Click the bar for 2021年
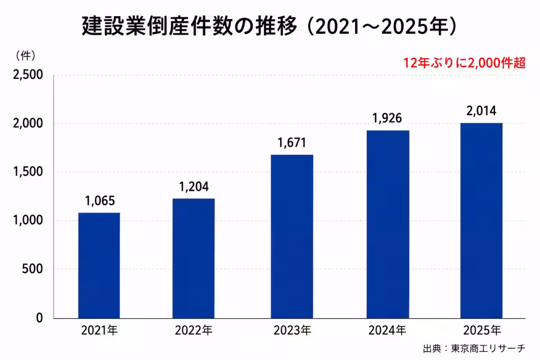point(99,265)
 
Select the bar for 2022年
point(193,258)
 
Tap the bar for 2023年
point(292,237)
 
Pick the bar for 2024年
point(388,224)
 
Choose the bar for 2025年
point(481,220)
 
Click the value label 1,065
point(100,201)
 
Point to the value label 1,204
point(194,187)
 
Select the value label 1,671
point(292,143)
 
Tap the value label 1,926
point(387,118)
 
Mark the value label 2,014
point(481,111)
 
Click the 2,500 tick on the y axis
point(28,75)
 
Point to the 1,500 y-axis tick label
point(28,172)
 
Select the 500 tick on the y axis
point(32,269)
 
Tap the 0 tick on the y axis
point(40,318)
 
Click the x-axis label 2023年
point(292,330)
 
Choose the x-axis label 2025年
point(482,330)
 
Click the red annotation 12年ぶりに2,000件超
point(464,63)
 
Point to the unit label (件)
point(26,56)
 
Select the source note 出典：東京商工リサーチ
point(474,348)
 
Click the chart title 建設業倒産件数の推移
point(190,26)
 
